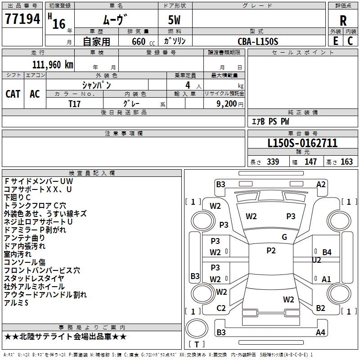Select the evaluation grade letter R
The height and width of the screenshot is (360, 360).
[343, 21]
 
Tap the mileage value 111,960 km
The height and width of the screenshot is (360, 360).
[53, 64]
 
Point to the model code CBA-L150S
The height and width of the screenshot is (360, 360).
[258, 41]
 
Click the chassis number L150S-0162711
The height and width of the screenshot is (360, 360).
[302, 144]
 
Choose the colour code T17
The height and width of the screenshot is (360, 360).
[75, 103]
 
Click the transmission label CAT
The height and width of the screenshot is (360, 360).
[13, 94]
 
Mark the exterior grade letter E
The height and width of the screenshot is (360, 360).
[336, 41]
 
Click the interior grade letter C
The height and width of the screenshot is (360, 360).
[350, 41]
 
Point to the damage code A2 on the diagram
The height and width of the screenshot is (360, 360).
[321, 184]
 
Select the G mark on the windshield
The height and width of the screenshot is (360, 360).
[284, 237]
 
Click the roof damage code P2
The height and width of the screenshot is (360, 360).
[271, 251]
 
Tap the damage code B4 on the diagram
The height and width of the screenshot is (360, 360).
[327, 252]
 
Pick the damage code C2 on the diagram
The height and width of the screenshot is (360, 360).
[221, 308]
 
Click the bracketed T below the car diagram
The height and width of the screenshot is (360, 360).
[196, 345]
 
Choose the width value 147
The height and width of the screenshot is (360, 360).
[310, 162]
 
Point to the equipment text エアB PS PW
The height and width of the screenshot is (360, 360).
[270, 121]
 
